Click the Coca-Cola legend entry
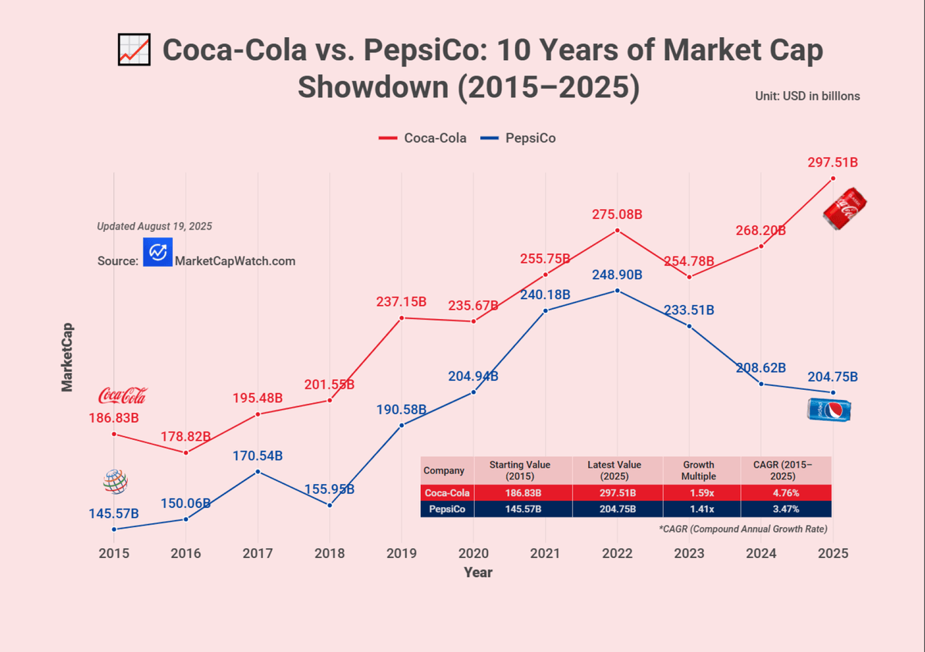click(422, 138)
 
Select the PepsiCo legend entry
click(518, 138)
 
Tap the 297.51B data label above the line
click(832, 163)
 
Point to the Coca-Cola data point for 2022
click(617, 230)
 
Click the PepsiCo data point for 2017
click(257, 472)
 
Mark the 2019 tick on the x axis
click(402, 553)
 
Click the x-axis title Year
click(478, 573)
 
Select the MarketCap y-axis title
click(67, 357)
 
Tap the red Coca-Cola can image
click(845, 209)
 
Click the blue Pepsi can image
click(829, 410)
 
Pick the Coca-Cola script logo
click(123, 395)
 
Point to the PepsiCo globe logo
click(115, 482)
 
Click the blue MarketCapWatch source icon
click(158, 252)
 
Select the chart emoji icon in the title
click(134, 49)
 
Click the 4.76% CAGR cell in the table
click(785, 492)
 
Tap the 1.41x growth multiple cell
click(701, 509)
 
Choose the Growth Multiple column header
click(698, 470)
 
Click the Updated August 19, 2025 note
click(154, 227)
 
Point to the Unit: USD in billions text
click(807, 96)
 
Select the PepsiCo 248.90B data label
click(617, 274)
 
